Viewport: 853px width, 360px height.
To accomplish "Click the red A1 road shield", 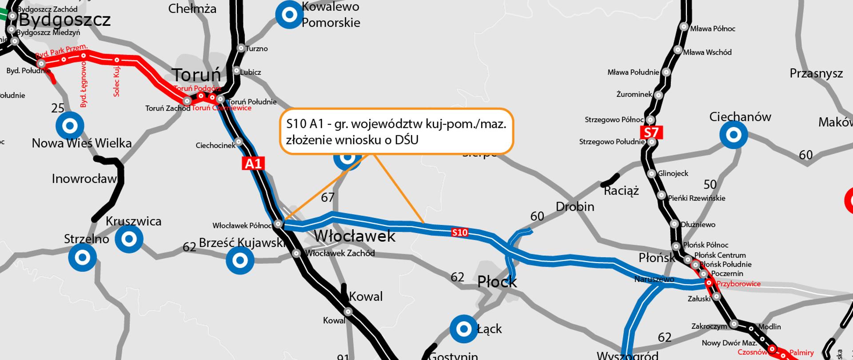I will click(253, 164).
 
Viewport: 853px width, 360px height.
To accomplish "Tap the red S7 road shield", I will click(651, 132).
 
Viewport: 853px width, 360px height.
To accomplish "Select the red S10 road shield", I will click(459, 232).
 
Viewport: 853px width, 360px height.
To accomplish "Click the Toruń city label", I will click(196, 75).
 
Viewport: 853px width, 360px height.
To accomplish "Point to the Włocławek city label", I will click(355, 236).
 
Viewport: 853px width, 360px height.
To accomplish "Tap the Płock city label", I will click(497, 282).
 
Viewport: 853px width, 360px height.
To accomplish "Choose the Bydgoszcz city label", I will click(65, 20).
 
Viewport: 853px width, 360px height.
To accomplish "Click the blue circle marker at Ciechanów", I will click(733, 134).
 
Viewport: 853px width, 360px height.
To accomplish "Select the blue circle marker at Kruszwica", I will click(129, 239).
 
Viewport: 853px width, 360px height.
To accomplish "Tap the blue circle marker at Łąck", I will click(464, 329).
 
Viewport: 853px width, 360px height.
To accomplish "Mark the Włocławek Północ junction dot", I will click(278, 224).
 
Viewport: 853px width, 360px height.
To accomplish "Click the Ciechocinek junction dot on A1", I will click(239, 142).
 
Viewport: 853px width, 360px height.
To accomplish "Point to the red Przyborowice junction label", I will click(738, 284).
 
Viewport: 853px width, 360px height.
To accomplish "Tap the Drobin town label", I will click(575, 207).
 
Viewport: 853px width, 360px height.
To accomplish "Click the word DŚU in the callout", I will click(407, 140).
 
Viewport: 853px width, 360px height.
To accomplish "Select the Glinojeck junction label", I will click(673, 173).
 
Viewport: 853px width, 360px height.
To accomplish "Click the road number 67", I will click(327, 197).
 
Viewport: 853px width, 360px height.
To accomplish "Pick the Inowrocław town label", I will click(84, 179).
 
